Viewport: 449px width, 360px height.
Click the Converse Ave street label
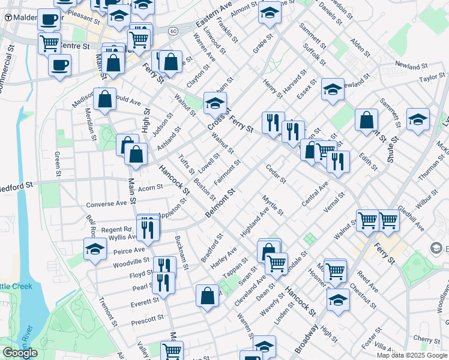pyautogui.click(x=107, y=203)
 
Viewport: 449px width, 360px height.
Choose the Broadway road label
pyautogui.click(x=307, y=340)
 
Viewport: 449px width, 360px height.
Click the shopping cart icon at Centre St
pyautogui.click(x=49, y=43)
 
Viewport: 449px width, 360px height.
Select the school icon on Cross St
pyautogui.click(x=215, y=103)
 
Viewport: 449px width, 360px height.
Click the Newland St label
pyautogui.click(x=410, y=64)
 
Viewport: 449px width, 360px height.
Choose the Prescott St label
pyautogui.click(x=148, y=320)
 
